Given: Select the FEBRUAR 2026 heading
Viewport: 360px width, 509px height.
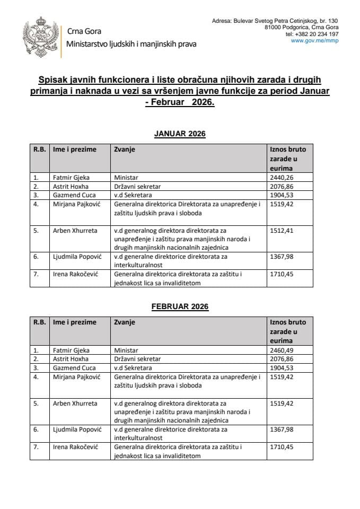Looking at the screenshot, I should [180, 306].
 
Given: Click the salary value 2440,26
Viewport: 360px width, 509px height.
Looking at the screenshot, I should [282, 178].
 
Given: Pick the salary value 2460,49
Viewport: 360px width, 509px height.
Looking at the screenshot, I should [282, 350].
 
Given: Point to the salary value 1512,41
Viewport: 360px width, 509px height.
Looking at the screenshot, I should [282, 231].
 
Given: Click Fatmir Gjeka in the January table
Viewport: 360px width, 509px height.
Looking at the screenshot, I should [71, 178].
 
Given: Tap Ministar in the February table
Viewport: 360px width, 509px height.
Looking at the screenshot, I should [126, 350].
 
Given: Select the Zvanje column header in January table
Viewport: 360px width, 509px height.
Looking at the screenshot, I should [125, 150].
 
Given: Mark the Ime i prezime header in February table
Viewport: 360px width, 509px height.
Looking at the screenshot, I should [75, 322].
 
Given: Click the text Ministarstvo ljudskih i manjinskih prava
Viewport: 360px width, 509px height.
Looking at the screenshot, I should [131, 44].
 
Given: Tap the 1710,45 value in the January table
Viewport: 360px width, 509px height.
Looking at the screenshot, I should [282, 274].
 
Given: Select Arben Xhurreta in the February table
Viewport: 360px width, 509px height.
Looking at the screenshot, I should [75, 403].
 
